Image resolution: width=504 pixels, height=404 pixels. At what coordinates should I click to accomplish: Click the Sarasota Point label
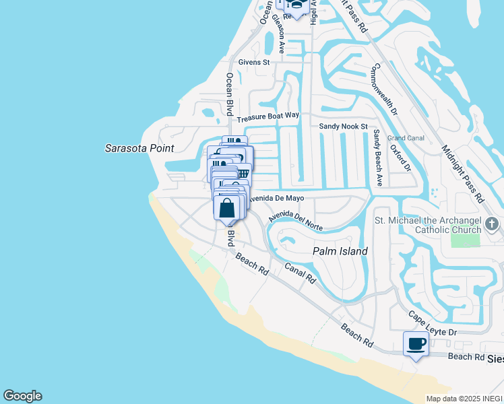click(139, 148)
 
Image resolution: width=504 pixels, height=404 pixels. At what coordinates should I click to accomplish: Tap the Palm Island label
click(340, 251)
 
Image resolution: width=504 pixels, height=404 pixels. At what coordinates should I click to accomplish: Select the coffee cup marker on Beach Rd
click(415, 344)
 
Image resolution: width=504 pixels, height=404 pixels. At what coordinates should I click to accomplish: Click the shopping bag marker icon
click(228, 207)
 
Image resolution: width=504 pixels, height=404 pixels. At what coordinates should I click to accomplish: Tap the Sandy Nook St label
click(343, 126)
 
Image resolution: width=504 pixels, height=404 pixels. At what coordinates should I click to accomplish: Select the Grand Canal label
click(405, 138)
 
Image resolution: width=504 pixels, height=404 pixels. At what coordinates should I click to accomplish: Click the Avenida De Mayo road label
click(278, 199)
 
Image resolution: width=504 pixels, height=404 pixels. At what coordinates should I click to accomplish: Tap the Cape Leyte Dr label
click(433, 324)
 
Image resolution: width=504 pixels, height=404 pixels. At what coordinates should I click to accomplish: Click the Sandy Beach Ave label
click(378, 158)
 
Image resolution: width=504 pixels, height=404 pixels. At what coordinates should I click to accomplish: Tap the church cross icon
click(493, 224)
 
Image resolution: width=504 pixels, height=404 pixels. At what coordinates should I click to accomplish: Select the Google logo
click(22, 396)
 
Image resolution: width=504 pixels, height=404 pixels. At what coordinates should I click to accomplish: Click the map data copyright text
click(464, 399)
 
